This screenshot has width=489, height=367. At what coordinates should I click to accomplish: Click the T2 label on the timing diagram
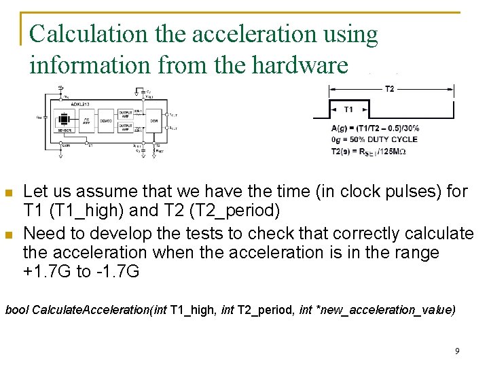389,89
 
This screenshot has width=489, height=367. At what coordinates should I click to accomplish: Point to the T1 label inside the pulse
348,109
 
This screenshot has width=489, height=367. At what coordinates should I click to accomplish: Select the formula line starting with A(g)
375,128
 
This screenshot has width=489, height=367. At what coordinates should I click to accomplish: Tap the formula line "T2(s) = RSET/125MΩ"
369,151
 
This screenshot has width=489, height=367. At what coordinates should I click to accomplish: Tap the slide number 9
457,351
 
